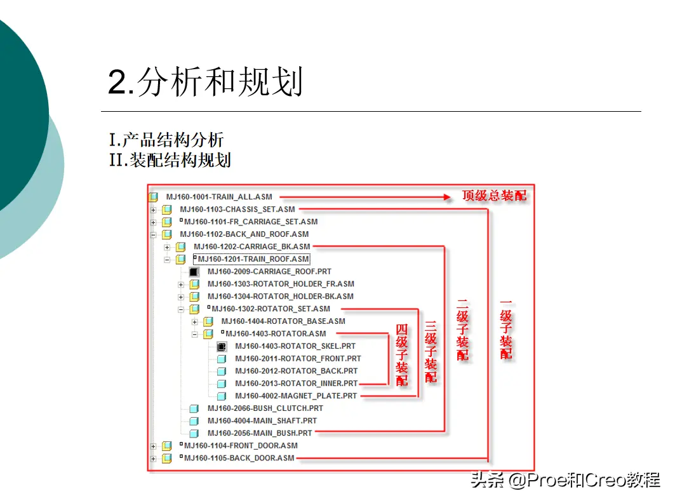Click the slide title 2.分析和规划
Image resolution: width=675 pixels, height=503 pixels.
[x=205, y=81]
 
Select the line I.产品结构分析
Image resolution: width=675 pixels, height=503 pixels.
[x=166, y=140]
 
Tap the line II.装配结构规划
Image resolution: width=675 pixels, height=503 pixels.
[x=170, y=160]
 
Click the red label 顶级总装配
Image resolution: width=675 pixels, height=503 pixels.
[x=494, y=196]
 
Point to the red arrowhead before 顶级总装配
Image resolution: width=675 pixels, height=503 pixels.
[x=447, y=198]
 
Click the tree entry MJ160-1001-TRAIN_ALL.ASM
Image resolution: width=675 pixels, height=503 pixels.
[x=219, y=197]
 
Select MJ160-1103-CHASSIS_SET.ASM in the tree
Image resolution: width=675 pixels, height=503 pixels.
[x=237, y=210]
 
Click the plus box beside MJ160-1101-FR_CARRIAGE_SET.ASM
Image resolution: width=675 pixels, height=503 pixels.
[x=153, y=222]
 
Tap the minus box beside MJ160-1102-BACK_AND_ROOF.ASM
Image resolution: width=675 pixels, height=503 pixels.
[x=153, y=235]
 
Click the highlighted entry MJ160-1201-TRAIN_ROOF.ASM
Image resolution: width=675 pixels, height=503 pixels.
[x=252, y=259]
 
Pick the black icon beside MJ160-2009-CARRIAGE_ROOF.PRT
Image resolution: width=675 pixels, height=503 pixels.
[x=194, y=272]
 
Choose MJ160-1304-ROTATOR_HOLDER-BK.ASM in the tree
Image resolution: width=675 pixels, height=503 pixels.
[x=281, y=297]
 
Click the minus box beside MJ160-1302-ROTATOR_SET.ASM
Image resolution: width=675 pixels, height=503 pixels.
[x=181, y=309]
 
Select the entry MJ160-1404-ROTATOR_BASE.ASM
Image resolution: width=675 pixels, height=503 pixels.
[x=283, y=321]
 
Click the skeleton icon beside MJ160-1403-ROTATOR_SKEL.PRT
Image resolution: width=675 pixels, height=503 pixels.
[x=222, y=346]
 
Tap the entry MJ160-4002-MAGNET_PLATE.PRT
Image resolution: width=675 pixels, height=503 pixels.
[x=296, y=396]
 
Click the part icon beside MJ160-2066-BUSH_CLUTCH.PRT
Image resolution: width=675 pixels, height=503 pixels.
[x=194, y=408]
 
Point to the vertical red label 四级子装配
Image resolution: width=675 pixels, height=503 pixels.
[x=402, y=355]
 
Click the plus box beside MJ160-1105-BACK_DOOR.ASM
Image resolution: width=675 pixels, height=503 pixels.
[x=153, y=459]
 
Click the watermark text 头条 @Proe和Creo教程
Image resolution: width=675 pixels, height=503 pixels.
[x=565, y=480]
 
